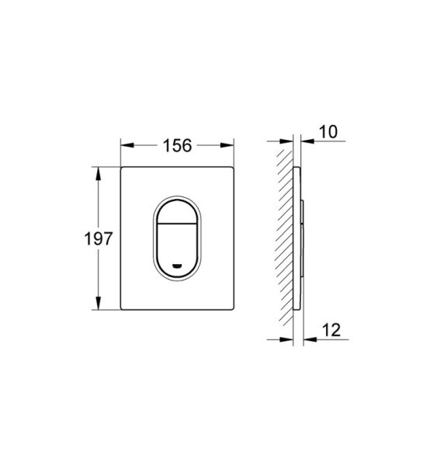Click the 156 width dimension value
point(177,146)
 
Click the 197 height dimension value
point(99,238)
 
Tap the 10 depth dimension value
point(328,132)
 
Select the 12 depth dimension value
point(331,330)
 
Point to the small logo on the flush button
point(177,265)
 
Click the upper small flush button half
point(177,212)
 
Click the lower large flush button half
point(177,249)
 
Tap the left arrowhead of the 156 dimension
point(127,145)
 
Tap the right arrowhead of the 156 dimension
point(227,145)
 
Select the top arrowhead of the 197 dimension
point(98,173)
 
